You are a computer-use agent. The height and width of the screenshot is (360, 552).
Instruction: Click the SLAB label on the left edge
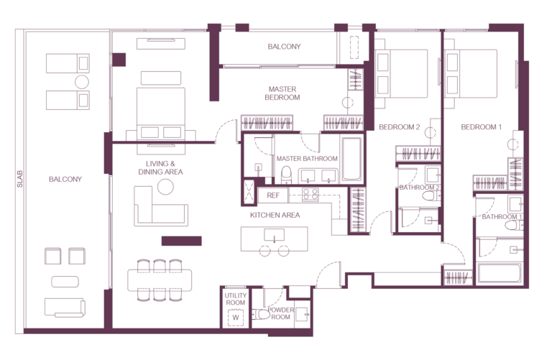coord(19,179)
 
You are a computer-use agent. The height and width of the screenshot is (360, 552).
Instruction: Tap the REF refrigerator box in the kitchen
coord(273,195)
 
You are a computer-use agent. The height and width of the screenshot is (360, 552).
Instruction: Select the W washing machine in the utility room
coord(236,318)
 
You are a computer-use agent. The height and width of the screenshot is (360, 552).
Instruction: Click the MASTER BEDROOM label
coord(282,93)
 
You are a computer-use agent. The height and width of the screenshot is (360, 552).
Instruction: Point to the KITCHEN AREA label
coord(275,215)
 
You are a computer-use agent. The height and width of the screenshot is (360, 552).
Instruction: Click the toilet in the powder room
coord(260,314)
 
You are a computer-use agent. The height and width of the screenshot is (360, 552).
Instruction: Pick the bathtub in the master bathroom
coord(351,159)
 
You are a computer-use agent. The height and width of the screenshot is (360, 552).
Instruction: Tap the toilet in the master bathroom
coord(286,175)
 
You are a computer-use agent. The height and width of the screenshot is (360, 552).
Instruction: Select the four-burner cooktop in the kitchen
coord(310,195)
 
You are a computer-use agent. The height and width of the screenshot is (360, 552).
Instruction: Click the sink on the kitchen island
coord(275,235)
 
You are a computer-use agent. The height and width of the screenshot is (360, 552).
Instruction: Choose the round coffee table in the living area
coord(165,187)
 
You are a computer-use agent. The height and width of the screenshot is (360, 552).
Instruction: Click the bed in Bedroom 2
coord(401,73)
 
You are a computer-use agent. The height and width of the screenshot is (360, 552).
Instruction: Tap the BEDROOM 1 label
coord(482,127)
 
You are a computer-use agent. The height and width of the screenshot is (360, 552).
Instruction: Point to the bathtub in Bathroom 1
coord(500,273)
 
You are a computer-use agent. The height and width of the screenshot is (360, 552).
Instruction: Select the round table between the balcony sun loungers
coord(82,82)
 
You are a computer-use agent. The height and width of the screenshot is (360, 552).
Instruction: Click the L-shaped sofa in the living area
coord(160,208)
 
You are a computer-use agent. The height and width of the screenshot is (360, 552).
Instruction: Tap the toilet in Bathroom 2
coord(431,195)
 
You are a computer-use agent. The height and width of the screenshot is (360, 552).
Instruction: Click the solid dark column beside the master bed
coord(119,60)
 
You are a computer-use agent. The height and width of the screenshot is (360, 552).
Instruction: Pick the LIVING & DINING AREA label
coord(160,168)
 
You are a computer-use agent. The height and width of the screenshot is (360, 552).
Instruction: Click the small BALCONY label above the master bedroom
coord(284,47)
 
